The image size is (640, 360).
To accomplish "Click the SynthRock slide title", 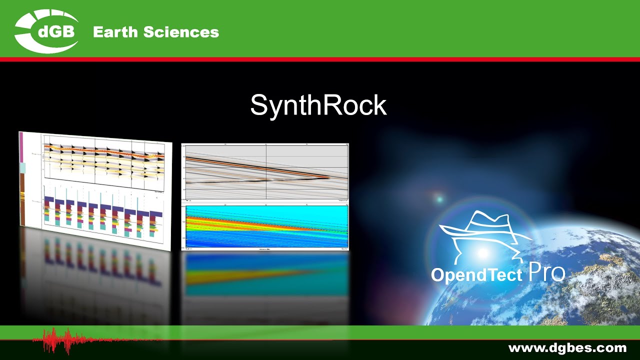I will click(x=318, y=105).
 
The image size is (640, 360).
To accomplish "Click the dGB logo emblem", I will click(x=46, y=31).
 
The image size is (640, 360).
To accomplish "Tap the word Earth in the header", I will click(x=115, y=32).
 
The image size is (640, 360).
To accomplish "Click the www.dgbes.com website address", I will click(x=567, y=347).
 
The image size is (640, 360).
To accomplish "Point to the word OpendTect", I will click(x=476, y=275).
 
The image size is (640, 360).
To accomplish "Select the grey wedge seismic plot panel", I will click(x=265, y=172).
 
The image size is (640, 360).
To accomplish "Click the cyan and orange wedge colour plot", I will click(x=265, y=226).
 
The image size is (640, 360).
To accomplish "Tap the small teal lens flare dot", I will click(x=439, y=199).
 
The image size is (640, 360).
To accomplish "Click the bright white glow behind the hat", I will click(x=482, y=253).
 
